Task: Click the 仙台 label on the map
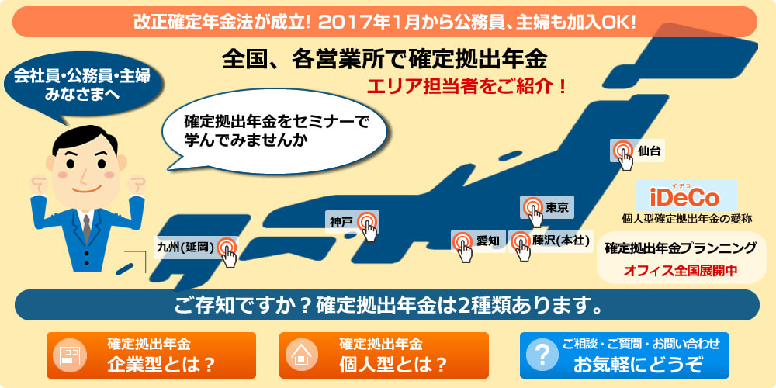650,151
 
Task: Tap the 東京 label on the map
556,207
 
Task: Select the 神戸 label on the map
341,223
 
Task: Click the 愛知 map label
488,241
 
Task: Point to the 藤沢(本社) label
561,241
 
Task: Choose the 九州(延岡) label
185,248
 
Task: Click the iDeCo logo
686,196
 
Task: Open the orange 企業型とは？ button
151,355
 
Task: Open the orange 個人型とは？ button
383,355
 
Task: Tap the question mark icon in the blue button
542,355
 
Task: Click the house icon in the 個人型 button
300,355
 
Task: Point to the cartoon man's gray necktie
87,228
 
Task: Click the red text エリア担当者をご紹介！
466,87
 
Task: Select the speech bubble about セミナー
275,131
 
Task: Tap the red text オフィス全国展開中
681,270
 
